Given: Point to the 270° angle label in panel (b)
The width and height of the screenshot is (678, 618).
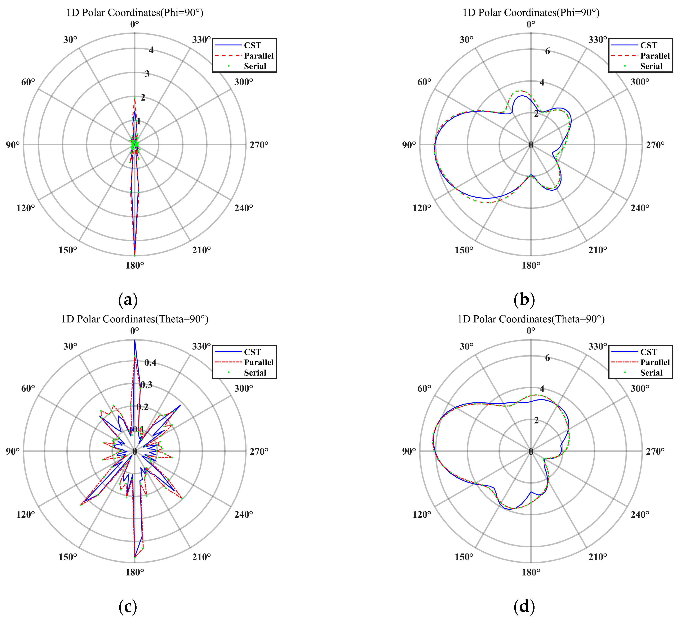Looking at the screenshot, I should (x=655, y=145).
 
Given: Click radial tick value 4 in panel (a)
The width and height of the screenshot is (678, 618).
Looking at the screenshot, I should (x=151, y=50).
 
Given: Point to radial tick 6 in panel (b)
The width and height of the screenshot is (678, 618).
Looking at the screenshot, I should (x=548, y=51).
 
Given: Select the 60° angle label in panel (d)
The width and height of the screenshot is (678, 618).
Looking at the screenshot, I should (x=424, y=389).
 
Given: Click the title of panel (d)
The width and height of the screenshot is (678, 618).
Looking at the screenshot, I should (x=531, y=319).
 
